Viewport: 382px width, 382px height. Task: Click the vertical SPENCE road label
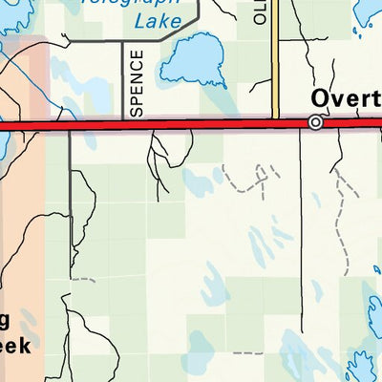tap(136, 83)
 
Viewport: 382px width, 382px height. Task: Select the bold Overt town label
tap(345, 99)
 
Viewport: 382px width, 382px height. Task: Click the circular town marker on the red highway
tap(315, 122)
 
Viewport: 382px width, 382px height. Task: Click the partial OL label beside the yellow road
tap(260, 11)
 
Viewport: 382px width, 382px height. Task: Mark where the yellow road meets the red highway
tap(275, 122)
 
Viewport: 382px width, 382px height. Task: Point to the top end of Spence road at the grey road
tap(123, 43)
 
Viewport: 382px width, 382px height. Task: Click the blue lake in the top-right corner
tap(368, 11)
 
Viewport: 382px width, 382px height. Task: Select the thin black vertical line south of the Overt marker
tap(302, 229)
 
